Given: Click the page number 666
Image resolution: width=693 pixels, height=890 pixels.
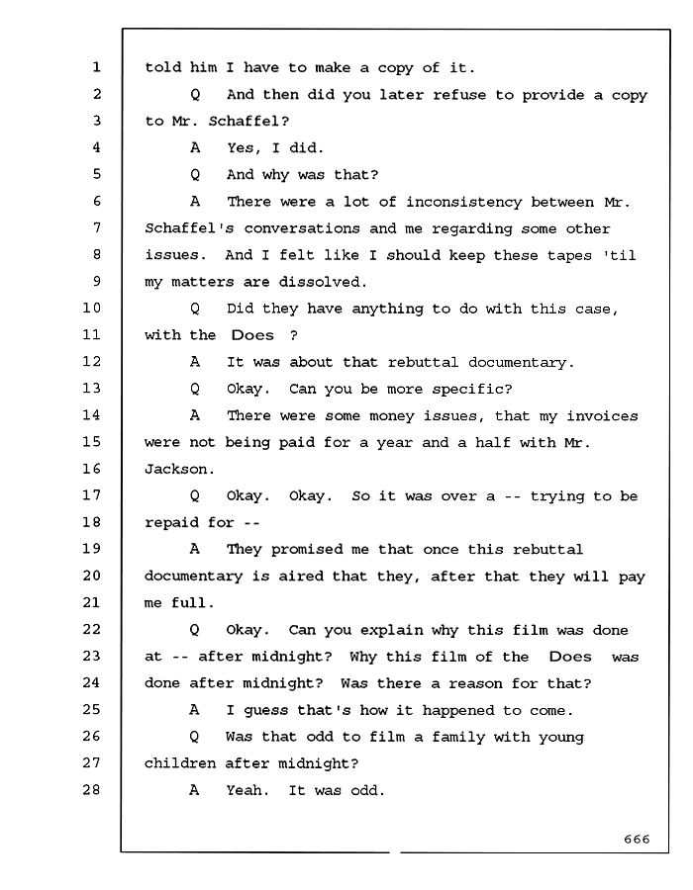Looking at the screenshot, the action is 637,839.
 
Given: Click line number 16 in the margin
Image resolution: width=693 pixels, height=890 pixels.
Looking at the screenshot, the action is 91,469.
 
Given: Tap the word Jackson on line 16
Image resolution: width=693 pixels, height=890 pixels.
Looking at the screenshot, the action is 175,470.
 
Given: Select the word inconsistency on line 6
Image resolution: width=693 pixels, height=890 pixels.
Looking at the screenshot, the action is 463,202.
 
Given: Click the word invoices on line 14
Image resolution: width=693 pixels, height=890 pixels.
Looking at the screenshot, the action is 602,416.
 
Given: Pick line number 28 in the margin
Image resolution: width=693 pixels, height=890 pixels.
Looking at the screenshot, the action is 91,789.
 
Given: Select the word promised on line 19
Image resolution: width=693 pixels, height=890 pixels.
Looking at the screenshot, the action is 306,550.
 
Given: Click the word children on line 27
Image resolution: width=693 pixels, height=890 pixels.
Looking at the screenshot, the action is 180,763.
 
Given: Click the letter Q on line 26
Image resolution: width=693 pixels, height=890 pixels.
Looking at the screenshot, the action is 194,737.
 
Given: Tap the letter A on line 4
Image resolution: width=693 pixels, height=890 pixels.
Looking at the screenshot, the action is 195,148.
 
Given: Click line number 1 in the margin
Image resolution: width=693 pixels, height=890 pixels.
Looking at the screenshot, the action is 97,67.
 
